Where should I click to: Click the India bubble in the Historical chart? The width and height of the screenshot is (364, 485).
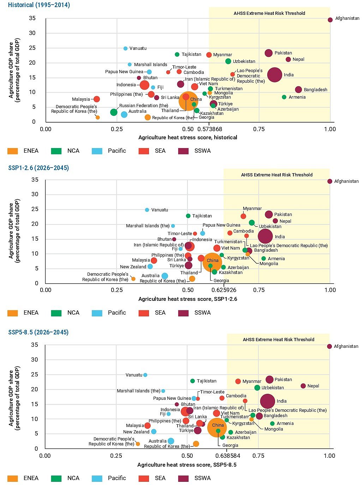[275, 75]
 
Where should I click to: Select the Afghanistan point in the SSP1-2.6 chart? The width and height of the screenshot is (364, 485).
[330, 181]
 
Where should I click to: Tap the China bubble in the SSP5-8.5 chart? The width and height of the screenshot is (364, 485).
[216, 427]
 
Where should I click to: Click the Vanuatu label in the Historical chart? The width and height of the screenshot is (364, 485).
[138, 48]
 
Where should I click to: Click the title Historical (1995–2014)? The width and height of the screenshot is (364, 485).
[39, 5]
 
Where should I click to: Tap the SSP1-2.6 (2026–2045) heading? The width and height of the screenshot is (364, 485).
[38, 168]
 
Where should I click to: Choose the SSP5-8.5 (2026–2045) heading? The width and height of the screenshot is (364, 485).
[38, 332]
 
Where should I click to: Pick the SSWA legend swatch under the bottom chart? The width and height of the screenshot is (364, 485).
[184, 478]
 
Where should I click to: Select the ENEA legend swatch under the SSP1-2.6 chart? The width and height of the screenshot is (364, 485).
[13, 313]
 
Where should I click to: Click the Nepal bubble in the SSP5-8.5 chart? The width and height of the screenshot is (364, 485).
[303, 386]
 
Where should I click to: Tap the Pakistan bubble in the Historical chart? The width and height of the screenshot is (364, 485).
[269, 53]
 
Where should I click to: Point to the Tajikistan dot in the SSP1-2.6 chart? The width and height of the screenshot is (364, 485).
[188, 216]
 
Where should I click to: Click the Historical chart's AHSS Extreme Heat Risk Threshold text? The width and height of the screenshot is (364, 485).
[269, 13]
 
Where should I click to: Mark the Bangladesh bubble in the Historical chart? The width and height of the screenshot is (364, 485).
[298, 89]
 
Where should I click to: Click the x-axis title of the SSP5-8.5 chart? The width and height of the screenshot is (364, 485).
[187, 465]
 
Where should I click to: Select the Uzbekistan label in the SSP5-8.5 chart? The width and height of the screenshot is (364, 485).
[273, 388]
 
